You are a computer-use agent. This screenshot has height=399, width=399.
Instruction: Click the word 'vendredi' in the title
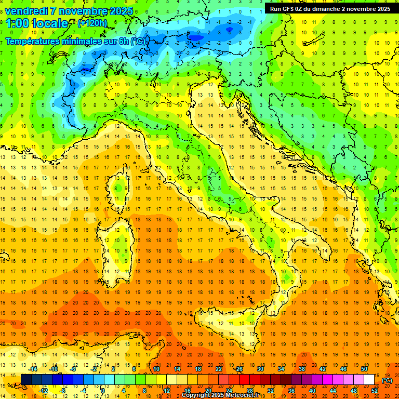point(27,11)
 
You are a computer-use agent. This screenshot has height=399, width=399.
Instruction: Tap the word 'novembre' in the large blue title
point(87,11)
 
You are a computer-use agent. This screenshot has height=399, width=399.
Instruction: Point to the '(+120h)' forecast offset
point(92,23)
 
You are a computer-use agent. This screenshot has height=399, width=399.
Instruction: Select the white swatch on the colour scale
point(369,380)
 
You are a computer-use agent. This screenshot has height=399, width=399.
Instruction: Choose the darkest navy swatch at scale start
point(26,380)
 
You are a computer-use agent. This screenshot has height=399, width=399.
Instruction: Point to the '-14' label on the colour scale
point(33,369)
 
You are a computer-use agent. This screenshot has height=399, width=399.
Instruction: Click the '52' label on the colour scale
point(375,390)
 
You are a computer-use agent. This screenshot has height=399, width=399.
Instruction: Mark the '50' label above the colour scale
point(364,369)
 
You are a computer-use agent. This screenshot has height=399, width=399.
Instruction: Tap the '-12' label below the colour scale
point(43,390)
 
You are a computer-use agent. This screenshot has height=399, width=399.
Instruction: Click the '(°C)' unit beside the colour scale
point(387,380)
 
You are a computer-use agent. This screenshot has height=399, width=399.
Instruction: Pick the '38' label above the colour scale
point(301,369)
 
